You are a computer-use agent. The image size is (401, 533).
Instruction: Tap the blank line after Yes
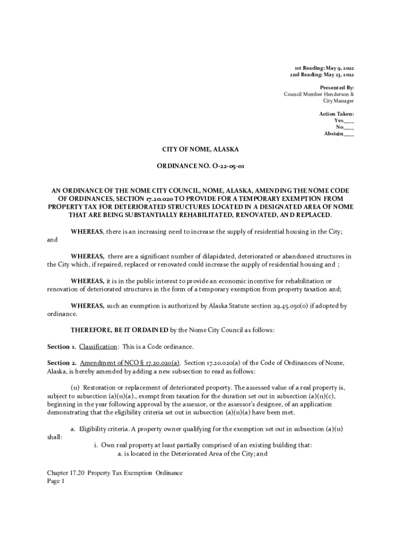click(349, 120)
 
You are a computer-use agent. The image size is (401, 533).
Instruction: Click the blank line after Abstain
click(349, 134)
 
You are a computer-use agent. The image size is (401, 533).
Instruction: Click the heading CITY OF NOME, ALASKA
click(200, 149)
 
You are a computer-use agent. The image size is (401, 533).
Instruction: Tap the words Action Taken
click(336, 113)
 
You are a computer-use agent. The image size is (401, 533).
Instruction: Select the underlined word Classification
click(98, 347)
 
